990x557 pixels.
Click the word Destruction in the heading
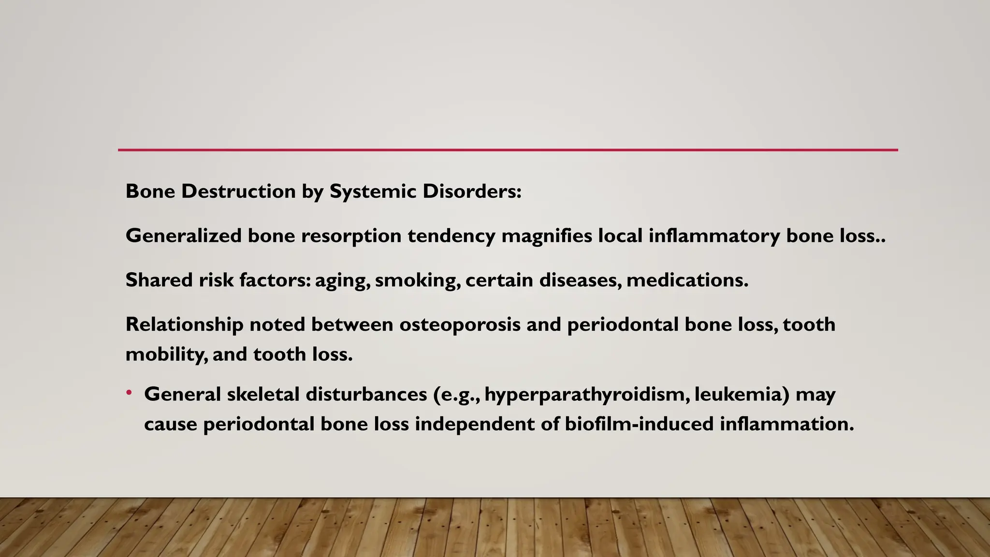[238, 191]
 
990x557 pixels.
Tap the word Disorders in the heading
[471, 191]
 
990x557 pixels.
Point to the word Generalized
[184, 236]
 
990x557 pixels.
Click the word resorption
[351, 236]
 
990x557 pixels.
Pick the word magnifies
[546, 236]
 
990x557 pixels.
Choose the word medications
[687, 280]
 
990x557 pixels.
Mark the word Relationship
[184, 324]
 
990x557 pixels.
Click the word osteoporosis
[460, 324]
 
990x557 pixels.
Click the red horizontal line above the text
[508, 150]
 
